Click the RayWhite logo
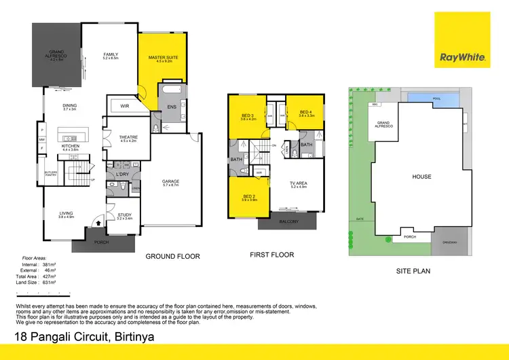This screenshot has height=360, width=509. [463, 57]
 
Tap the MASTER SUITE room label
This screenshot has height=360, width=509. [164, 58]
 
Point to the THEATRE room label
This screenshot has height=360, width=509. [128, 137]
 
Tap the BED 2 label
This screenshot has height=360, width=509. [249, 196]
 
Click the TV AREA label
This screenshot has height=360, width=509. [299, 183]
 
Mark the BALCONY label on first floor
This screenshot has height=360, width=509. [288, 221]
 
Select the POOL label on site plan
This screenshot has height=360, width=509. [436, 98]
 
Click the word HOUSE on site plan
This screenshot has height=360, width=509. [421, 177]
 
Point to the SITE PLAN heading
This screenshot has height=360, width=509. [413, 270]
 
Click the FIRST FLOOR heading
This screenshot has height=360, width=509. [271, 255]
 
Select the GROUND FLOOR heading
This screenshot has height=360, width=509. [173, 256]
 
